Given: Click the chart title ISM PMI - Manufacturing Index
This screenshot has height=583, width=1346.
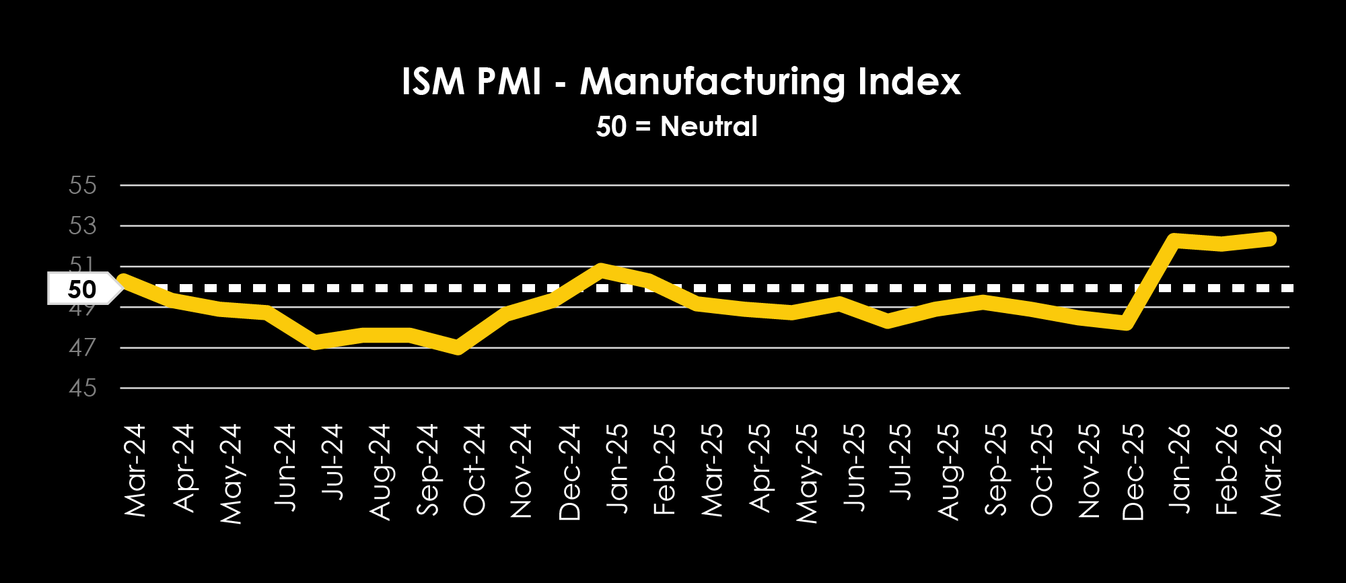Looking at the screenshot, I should tap(680, 82).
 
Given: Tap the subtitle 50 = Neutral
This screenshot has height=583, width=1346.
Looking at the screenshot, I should tap(676, 127).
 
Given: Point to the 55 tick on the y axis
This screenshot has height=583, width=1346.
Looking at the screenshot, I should tap(83, 185).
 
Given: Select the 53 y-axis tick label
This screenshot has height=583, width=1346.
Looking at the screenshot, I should tap(83, 226).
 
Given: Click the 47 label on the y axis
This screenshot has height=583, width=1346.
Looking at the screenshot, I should tap(83, 348).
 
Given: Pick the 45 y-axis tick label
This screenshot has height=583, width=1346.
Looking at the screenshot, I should tap(83, 388).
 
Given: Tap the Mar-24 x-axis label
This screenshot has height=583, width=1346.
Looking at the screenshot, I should tap(135, 470).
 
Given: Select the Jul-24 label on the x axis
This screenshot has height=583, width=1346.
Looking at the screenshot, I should tap(332, 462).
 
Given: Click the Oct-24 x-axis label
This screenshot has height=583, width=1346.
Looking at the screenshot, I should tap(474, 469).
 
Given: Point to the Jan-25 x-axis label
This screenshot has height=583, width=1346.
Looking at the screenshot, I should tap(617, 468).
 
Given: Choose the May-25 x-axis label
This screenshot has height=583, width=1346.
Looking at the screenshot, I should tap(807, 473).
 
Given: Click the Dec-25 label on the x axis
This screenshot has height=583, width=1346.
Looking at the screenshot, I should tap(1133, 471).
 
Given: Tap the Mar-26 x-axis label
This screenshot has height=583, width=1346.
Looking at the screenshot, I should tap(1271, 470).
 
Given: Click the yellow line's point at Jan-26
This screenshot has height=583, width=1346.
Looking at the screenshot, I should tap(1174, 240).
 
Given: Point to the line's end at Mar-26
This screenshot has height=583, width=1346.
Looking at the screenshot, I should tap(1271, 238).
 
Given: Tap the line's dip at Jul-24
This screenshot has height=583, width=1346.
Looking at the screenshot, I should tap(315, 343).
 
